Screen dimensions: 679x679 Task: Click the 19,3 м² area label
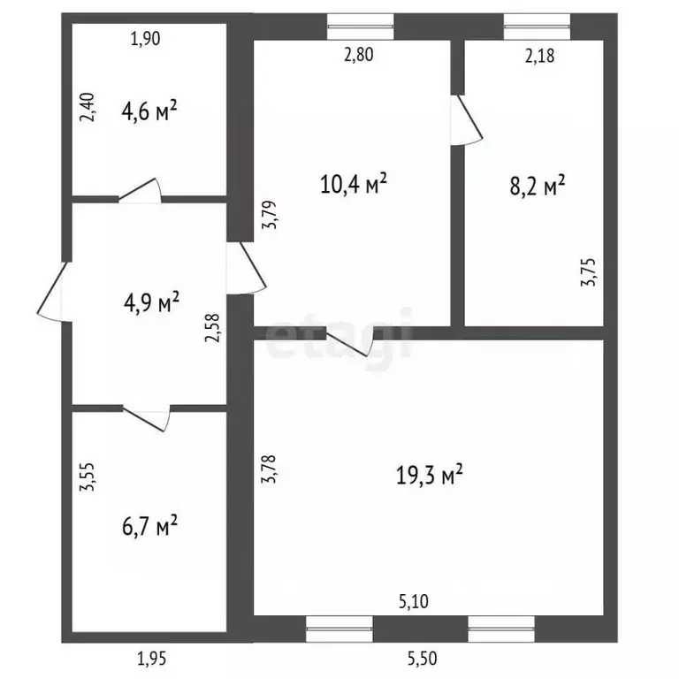pos(430,476)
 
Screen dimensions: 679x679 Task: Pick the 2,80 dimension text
pos(359,56)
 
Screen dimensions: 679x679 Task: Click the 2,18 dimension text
pos(539,57)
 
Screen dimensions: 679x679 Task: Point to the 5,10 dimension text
pos(414,602)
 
